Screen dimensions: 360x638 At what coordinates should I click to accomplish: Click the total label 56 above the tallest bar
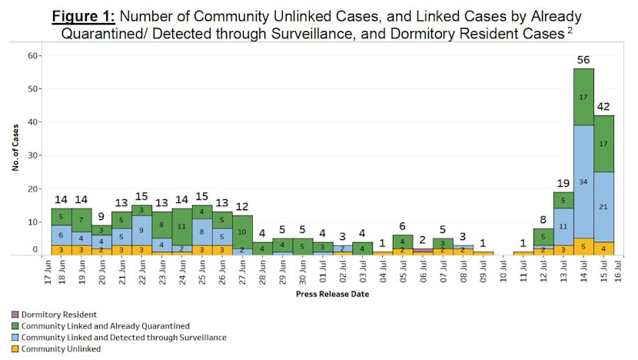pos(584,59)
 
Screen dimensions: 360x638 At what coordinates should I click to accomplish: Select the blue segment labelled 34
pos(584,182)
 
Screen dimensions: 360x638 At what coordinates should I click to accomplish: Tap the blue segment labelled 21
pos(604,207)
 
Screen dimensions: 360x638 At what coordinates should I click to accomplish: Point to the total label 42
pos(604,106)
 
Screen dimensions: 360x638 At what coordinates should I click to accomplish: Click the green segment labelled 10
pos(242,232)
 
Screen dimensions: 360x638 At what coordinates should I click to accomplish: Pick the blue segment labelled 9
pos(141,230)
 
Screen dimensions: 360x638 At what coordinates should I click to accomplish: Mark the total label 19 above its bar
pos(563,183)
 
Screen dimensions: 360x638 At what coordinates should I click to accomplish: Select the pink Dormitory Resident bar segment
pos(423,250)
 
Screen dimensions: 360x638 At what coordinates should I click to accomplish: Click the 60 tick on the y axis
pos(33,55)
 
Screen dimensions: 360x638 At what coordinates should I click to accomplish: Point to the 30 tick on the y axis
pos(33,155)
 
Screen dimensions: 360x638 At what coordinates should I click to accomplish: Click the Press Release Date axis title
pos(333,295)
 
